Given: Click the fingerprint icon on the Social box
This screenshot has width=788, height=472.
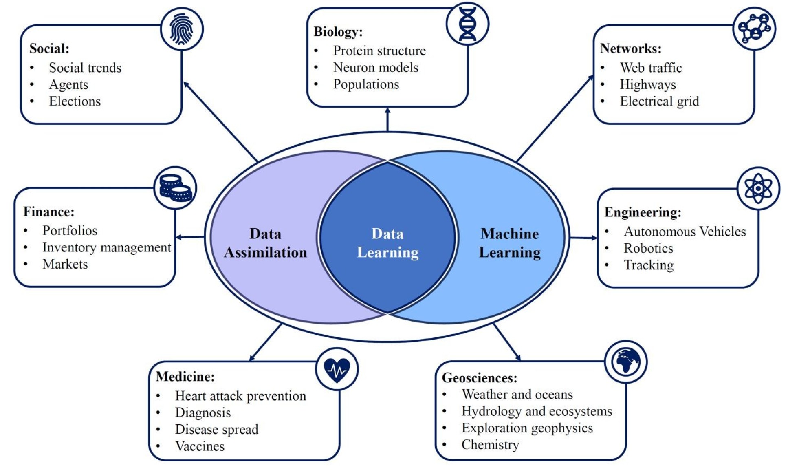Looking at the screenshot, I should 181,29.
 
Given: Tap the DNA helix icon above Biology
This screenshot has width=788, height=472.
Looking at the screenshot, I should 467,24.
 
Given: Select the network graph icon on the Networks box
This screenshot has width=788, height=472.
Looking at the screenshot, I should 754,29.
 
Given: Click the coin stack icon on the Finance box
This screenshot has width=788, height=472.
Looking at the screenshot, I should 175,188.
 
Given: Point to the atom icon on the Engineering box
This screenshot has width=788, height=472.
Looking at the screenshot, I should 758,188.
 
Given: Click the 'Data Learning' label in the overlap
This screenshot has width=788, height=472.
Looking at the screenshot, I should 387,243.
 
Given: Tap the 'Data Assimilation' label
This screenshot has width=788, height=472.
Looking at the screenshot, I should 265,243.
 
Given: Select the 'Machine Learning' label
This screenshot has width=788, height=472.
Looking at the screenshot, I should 510,243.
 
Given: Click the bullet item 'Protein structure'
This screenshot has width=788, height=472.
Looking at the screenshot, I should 379,51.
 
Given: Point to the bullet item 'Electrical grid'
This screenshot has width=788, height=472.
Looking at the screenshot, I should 659,101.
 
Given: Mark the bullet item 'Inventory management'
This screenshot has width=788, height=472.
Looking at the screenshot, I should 106,247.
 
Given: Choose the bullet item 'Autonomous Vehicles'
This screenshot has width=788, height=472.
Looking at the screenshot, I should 685,232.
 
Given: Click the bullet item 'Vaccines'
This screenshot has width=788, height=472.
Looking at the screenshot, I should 200,446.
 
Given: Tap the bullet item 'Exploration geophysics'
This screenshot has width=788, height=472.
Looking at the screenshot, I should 527,428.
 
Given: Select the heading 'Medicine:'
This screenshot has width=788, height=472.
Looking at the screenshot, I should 185,376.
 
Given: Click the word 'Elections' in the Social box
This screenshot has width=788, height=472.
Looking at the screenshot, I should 75,101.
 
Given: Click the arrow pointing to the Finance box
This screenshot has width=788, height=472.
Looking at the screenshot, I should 190,237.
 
